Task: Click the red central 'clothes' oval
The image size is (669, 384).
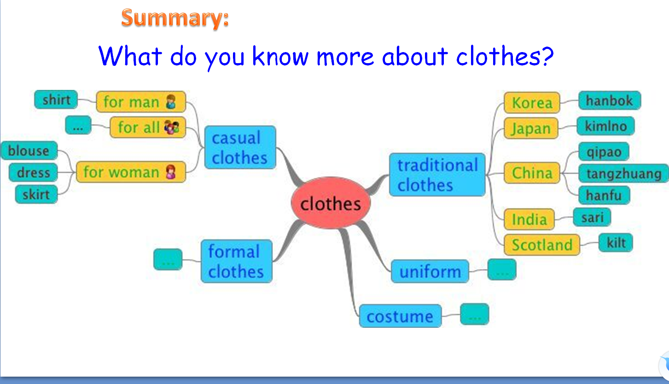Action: (x=331, y=203)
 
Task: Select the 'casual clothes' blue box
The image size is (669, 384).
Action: (x=240, y=147)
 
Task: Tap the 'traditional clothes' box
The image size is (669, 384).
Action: (x=437, y=175)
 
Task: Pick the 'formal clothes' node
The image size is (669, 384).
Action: (x=237, y=261)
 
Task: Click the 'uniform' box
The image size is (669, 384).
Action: (x=430, y=271)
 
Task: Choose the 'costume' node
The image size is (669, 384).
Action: (x=400, y=316)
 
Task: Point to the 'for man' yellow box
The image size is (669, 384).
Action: (x=141, y=102)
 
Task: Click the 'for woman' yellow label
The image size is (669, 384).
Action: (x=131, y=172)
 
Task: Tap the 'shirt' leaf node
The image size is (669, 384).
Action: (x=56, y=99)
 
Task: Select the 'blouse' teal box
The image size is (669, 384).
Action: (x=29, y=150)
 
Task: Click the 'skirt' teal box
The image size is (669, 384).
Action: (x=36, y=195)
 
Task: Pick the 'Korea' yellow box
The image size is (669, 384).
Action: (x=532, y=103)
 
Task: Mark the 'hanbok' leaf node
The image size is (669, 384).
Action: (x=610, y=100)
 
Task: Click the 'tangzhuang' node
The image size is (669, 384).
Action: (x=623, y=173)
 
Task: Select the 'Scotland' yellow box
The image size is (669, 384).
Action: (x=542, y=245)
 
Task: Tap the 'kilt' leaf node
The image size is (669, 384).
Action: (x=616, y=242)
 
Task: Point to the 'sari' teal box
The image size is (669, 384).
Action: (x=592, y=217)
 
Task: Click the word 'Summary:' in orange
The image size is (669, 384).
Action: (x=175, y=18)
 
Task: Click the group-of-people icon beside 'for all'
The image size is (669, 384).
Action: (x=172, y=127)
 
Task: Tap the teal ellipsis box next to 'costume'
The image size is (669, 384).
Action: (x=475, y=314)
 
